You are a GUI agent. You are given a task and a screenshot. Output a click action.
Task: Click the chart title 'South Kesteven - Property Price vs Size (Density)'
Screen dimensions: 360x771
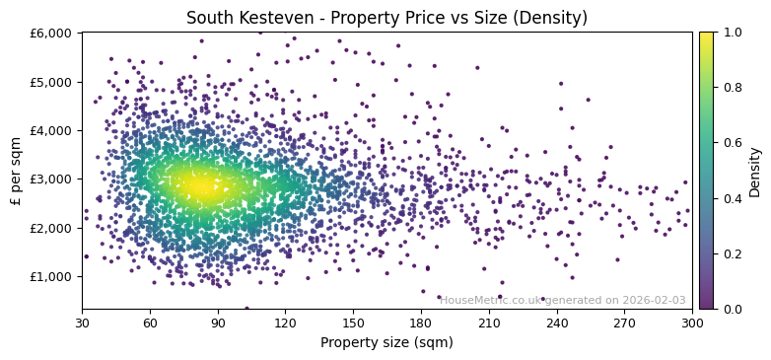[x=386, y=18]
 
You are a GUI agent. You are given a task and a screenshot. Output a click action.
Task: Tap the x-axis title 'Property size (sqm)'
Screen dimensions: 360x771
[x=386, y=343]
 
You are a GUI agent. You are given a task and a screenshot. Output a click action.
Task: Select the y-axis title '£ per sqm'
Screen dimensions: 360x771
[x=17, y=171]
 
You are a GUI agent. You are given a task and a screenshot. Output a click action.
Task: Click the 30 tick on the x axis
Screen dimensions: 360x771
[x=82, y=323]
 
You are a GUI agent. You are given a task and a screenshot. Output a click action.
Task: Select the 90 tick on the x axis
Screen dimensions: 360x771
[x=218, y=323]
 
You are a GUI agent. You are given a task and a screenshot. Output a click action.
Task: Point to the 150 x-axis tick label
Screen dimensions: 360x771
[x=353, y=323]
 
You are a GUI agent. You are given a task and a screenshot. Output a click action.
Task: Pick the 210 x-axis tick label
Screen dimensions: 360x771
[x=489, y=323]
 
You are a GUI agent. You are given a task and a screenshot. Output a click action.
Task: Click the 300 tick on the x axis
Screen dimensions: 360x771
[x=692, y=323]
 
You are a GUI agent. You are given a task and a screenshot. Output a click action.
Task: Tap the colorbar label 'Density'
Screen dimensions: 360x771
[x=755, y=171]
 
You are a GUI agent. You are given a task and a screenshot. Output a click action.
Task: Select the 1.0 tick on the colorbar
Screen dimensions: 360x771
[x=731, y=33]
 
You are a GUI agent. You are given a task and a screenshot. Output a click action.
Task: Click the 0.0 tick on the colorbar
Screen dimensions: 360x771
[x=731, y=309]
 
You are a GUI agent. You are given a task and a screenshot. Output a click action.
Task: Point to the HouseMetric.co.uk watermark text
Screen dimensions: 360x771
[x=563, y=301]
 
